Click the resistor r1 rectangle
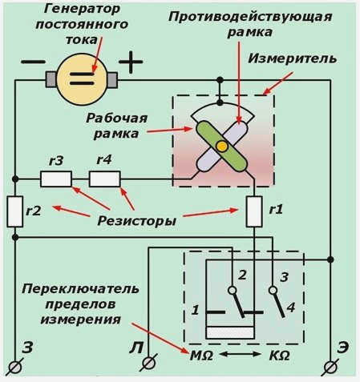pyautogui.click(x=254, y=211)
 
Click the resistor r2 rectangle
pyautogui.click(x=15, y=211)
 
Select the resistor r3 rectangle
pyautogui.click(x=56, y=179)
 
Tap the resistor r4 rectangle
pyautogui.click(x=104, y=179)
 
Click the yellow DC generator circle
pyautogui.click(x=82, y=79)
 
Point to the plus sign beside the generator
pyautogui.click(x=131, y=62)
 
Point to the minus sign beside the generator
pyautogui.click(x=33, y=62)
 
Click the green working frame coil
pyautogui.click(x=221, y=146)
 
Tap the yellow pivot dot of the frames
pyautogui.click(x=221, y=146)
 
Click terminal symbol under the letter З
pyautogui.click(x=14, y=368)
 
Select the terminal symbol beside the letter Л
pyautogui.click(x=148, y=363)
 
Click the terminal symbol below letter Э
pyautogui.click(x=330, y=368)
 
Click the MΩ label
pyautogui.click(x=201, y=356)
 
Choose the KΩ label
pyautogui.click(x=279, y=356)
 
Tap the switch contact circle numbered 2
pyautogui.click(x=233, y=290)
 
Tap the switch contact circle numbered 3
pyautogui.click(x=273, y=290)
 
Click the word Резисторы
pyautogui.click(x=136, y=221)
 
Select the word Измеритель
pyautogui.click(x=292, y=58)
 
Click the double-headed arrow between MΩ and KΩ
pyautogui.click(x=241, y=355)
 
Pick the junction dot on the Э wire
pyautogui.click(x=330, y=259)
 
